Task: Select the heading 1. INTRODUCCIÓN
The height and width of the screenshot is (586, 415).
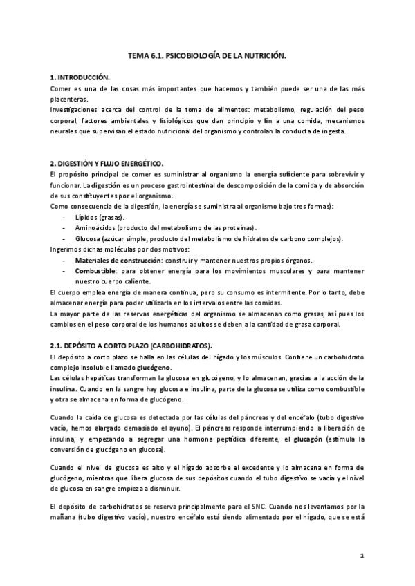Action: pyautogui.click(x=80, y=79)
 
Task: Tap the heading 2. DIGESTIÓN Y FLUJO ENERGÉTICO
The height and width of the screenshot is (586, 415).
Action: pyautogui.click(x=107, y=163)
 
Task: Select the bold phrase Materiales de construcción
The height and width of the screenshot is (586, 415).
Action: pyautogui.click(x=118, y=260)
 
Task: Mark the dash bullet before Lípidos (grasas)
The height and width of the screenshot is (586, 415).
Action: pyautogui.click(x=64, y=217)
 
